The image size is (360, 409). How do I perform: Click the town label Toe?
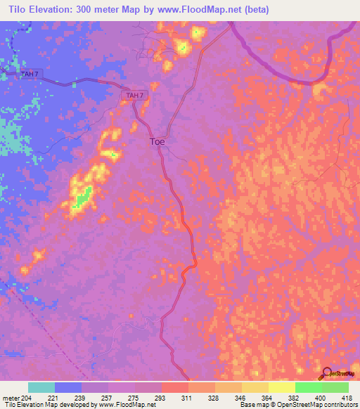pos(157,141)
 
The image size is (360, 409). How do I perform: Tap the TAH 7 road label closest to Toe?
pos(135,95)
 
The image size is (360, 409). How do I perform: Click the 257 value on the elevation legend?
pos(82,397)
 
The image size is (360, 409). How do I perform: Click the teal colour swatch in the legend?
pos(41,387)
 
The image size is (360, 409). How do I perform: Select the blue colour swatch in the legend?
pos(68,387)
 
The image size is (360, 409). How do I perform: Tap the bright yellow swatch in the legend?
pos(282,387)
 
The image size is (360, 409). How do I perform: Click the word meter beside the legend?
pos(10,397)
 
